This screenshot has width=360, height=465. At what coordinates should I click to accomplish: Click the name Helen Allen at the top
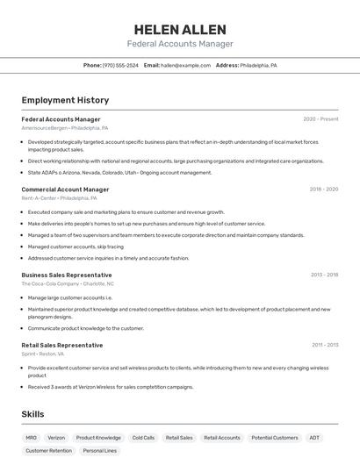[180, 29]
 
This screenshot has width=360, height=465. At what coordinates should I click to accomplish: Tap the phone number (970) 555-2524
[120, 66]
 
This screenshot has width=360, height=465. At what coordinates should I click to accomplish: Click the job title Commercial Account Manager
[65, 190]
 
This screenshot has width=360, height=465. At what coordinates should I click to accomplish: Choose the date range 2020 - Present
[320, 119]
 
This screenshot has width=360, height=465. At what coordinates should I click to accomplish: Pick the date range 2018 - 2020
[323, 190]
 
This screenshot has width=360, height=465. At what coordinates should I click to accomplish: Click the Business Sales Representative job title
[67, 275]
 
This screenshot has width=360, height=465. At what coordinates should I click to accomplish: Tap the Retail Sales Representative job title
[62, 345]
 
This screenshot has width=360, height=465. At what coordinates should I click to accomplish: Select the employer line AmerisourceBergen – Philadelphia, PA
[65, 128]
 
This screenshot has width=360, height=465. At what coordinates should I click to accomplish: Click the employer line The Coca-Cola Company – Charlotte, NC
[68, 283]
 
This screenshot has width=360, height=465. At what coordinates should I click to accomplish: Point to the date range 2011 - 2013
[324, 345]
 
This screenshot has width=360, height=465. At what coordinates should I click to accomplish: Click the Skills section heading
[33, 414]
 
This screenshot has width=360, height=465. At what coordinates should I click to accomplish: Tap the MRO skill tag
[32, 437]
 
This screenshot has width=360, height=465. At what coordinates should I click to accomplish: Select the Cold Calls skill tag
[143, 437]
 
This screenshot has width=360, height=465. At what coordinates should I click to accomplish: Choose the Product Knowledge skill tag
[98, 437]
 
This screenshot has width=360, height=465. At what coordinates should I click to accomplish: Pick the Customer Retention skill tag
[49, 451]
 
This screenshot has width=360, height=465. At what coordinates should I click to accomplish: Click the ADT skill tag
[314, 437]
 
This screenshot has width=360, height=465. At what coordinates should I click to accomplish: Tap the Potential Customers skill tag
[275, 437]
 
